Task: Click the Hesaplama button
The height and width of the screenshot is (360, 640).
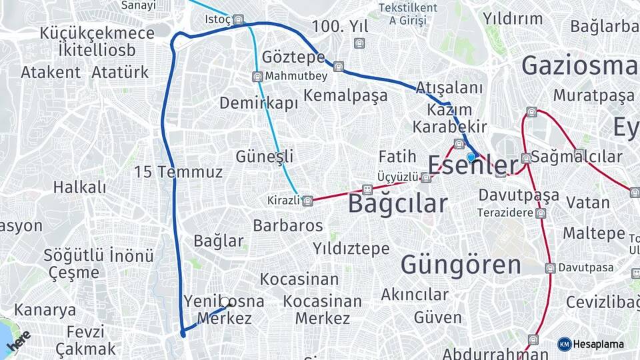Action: point(591,344)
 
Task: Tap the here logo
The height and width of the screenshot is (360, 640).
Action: point(19,341)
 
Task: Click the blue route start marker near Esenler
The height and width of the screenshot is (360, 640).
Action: point(471,157)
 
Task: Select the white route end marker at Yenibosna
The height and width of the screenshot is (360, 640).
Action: point(225,302)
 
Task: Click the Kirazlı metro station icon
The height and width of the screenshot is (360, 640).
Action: point(307,201)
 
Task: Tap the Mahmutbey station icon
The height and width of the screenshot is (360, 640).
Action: point(257,77)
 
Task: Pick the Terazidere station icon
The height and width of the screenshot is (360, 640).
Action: point(541,213)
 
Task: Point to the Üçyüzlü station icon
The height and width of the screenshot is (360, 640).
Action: point(426,177)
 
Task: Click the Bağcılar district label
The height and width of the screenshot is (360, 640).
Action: point(397,203)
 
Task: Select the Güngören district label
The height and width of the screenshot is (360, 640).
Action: point(461,265)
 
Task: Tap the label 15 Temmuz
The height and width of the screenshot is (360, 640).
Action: point(178,172)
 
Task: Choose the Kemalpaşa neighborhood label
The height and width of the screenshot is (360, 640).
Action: point(345,95)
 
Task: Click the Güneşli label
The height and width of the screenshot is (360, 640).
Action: point(265,157)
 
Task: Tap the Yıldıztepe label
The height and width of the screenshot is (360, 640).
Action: point(351,249)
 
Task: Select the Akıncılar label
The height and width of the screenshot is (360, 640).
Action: point(415,294)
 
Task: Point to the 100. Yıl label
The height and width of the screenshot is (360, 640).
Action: point(340,27)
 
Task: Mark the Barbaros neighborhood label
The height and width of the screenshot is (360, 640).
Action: point(288,225)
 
